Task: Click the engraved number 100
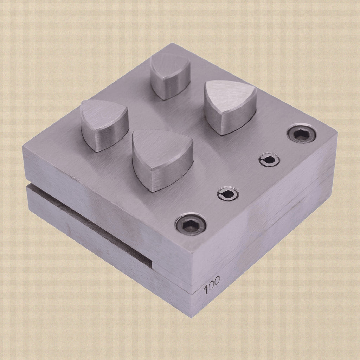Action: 211,284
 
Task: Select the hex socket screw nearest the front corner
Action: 191,224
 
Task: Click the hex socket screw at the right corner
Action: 301,133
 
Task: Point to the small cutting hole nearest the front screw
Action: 228,194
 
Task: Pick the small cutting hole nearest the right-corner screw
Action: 269,159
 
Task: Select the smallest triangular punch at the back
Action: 170,76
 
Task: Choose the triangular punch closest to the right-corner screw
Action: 230,107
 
